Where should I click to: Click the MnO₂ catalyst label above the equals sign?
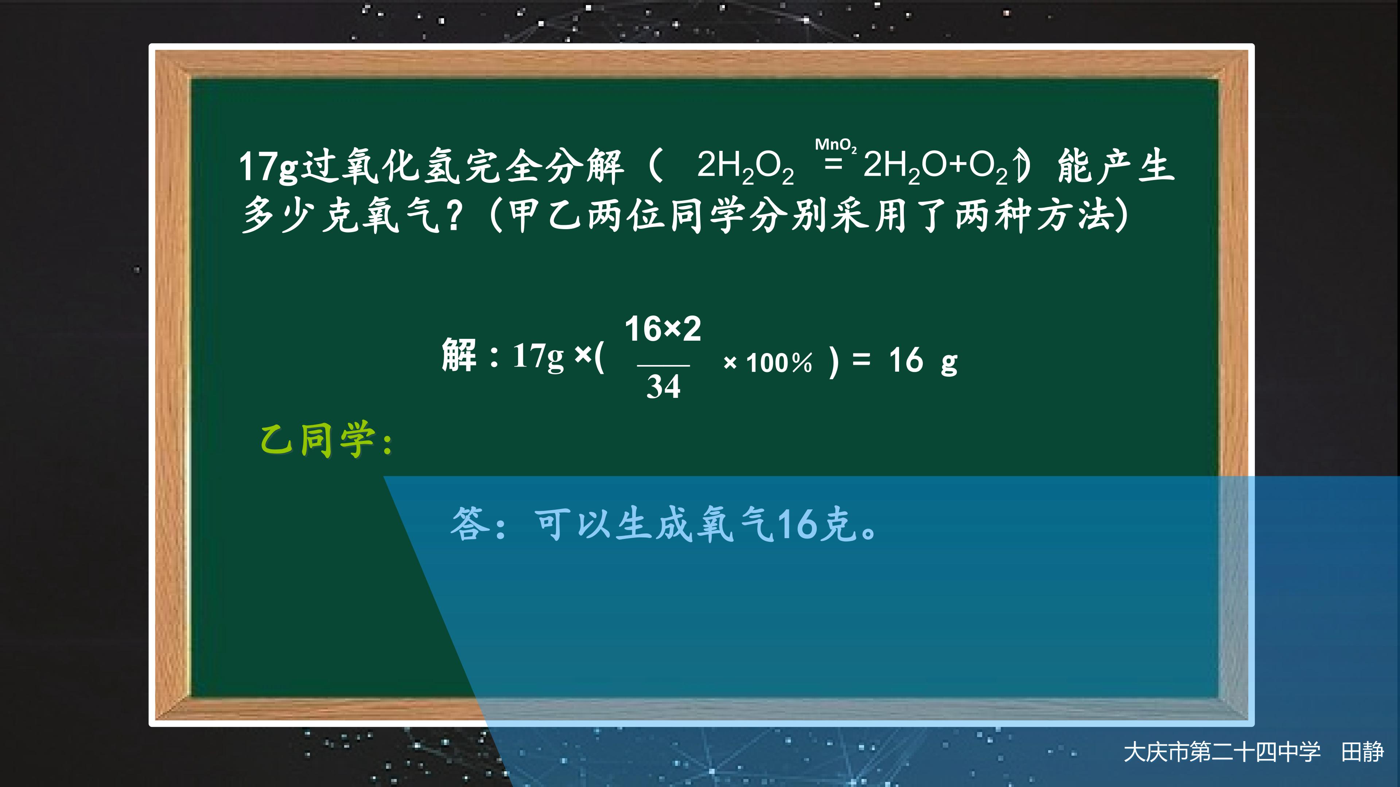point(835,145)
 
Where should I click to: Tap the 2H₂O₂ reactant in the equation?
point(744,166)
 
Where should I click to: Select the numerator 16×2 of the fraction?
point(662,329)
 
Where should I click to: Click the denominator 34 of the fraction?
point(663,387)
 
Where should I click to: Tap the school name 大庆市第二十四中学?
point(1222,753)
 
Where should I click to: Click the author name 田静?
point(1362,753)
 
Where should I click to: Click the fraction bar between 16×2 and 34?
point(663,365)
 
